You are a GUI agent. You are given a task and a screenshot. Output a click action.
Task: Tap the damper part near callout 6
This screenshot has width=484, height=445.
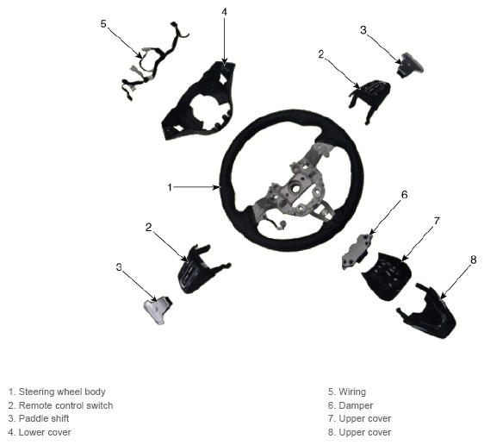pos(357,251)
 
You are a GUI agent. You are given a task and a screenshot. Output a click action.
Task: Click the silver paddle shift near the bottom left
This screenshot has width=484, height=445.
pos(158,309)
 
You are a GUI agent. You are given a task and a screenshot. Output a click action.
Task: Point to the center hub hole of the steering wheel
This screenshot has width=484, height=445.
pos(296,188)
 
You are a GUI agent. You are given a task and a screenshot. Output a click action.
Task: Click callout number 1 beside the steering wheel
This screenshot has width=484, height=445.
pos(170,187)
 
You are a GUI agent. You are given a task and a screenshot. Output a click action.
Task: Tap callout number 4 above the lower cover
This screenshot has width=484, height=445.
pos(225,12)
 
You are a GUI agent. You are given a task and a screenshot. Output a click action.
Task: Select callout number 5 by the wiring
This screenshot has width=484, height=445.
pos(103,23)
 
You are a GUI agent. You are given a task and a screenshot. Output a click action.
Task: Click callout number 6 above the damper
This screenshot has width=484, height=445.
pos(405,195)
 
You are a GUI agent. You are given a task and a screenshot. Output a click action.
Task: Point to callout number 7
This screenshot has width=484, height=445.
pos(437,221)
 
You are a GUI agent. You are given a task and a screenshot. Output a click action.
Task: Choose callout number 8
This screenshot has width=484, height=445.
pos(474,260)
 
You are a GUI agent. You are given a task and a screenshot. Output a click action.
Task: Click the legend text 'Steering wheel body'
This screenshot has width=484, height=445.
pos(62,392)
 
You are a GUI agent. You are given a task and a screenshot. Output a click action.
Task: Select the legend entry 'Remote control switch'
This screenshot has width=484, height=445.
pos(65,405)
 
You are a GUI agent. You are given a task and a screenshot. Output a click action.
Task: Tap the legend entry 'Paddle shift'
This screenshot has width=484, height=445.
pos(44,418)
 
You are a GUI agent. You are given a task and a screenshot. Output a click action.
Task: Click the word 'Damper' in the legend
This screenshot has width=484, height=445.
pos(356,405)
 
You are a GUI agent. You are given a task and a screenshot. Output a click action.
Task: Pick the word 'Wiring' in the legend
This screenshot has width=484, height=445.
pos(352,392)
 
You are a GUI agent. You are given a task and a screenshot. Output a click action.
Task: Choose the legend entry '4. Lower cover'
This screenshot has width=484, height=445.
pos(40,432)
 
